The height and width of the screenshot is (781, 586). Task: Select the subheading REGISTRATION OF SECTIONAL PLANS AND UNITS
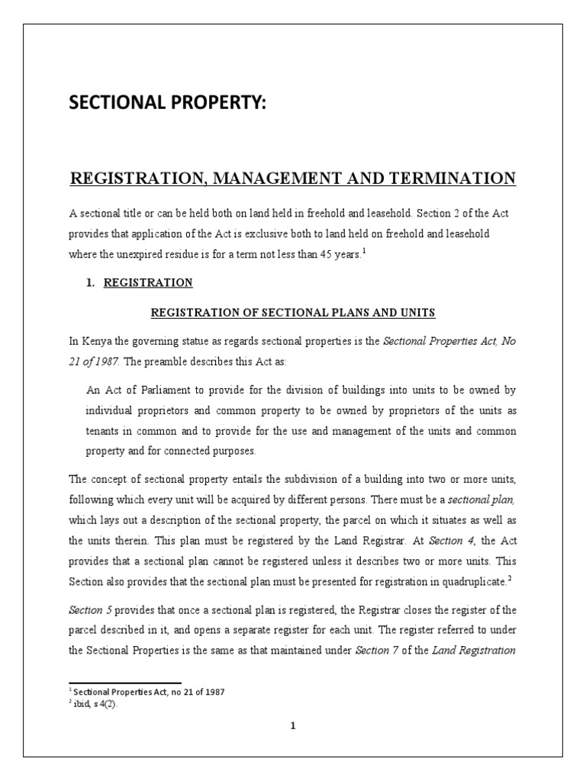tap(292, 312)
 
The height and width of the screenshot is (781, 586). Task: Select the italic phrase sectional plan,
tap(475, 499)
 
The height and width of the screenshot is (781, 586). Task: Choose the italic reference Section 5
tap(92, 609)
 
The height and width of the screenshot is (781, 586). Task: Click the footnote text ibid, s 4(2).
tap(95, 704)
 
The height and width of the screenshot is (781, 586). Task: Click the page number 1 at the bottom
tap(292, 726)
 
